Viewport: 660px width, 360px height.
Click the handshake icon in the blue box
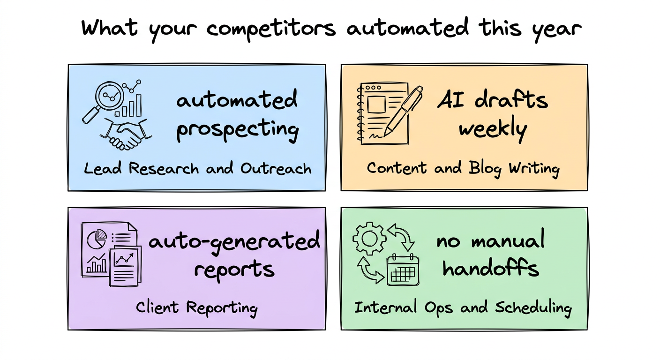126,135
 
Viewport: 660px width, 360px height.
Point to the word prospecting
238,130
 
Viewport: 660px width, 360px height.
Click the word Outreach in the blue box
276,168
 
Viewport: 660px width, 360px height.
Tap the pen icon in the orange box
403,111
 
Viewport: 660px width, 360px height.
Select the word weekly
493,129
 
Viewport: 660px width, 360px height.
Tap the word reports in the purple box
234,270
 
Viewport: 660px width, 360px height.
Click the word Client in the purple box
157,307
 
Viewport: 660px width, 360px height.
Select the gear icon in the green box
369,238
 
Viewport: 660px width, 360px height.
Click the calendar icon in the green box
403,270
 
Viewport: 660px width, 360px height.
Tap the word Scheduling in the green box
533,308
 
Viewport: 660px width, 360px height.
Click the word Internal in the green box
386,307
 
